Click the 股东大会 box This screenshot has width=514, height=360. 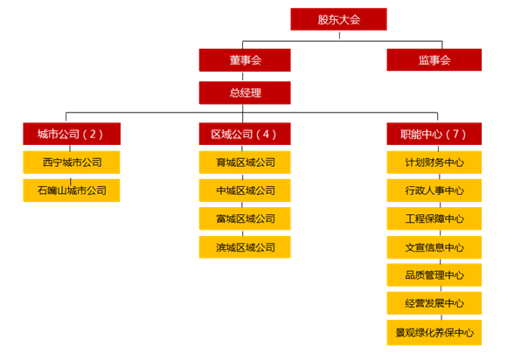[x=338, y=19]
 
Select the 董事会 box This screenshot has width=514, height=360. [x=245, y=60]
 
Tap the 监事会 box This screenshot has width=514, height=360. [x=434, y=59]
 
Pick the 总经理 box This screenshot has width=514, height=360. [x=245, y=93]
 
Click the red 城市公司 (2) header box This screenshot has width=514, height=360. [x=72, y=134]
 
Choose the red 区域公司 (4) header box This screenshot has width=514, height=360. [x=245, y=134]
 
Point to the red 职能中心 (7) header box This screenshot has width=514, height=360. [x=434, y=134]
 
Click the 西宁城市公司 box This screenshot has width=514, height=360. [x=72, y=163]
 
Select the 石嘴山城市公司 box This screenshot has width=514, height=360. [x=72, y=190]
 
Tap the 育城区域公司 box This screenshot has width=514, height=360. [x=245, y=163]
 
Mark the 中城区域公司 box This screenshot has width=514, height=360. [x=245, y=190]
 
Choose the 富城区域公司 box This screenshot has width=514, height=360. [x=245, y=218]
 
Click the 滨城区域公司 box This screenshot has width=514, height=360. [x=245, y=247]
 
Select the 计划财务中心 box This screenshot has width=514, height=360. [x=434, y=163]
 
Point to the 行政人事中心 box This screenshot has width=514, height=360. [x=434, y=190]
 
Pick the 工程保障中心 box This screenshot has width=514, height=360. [x=434, y=218]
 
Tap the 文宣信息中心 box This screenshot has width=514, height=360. [x=434, y=247]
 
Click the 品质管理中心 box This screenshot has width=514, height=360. [x=434, y=275]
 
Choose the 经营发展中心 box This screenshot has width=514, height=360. [x=434, y=303]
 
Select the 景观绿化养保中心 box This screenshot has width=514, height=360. [x=434, y=333]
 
